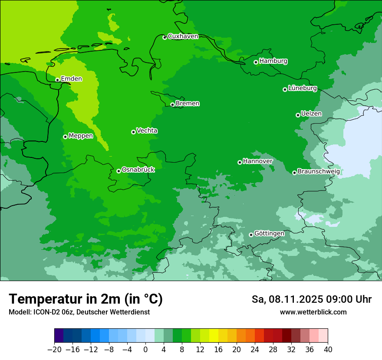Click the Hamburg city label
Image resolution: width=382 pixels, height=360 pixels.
click(x=273, y=61)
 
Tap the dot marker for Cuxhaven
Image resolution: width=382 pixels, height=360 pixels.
click(x=165, y=37)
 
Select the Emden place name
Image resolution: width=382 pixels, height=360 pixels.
click(x=71, y=79)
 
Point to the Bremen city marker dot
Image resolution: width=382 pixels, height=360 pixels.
click(x=172, y=105)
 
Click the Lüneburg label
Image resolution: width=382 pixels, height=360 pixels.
click(x=302, y=88)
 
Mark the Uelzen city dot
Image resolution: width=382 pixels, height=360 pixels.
click(x=298, y=115)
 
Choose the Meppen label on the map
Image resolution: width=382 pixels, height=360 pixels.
click(x=81, y=136)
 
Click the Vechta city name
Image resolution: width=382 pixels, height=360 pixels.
click(x=147, y=131)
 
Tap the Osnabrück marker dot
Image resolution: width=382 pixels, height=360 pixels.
click(x=119, y=171)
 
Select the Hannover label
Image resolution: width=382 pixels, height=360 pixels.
click(x=257, y=161)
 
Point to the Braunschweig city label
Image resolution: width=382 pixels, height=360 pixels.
click(x=319, y=172)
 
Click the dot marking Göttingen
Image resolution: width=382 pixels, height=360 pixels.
click(x=251, y=235)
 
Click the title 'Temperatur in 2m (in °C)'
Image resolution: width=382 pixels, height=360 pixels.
click(x=86, y=299)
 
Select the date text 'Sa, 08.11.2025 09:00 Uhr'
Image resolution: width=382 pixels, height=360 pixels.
click(x=311, y=299)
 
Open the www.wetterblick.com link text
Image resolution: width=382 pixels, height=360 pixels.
click(x=313, y=312)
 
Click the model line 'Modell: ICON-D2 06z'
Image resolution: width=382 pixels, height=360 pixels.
click(x=79, y=312)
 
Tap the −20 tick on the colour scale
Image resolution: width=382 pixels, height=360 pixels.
click(x=54, y=350)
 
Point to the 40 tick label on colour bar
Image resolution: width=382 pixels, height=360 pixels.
click(x=328, y=350)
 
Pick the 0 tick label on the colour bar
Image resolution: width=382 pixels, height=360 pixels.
click(x=145, y=350)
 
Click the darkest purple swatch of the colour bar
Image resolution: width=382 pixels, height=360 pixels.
click(x=59, y=335)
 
